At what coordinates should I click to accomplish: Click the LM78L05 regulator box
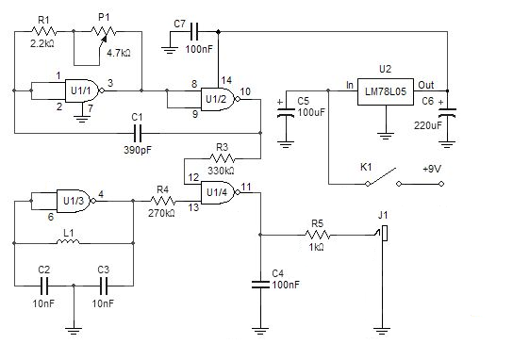click(x=386, y=91)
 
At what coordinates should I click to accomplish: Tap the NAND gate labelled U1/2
click(x=220, y=99)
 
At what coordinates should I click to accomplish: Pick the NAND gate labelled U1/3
click(x=76, y=201)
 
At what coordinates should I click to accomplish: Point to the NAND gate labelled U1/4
click(x=220, y=192)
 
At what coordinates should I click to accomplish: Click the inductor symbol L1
click(x=68, y=242)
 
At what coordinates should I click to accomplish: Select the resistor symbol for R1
click(x=44, y=31)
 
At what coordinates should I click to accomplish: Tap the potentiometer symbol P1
click(x=103, y=34)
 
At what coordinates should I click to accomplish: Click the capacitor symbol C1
click(x=137, y=133)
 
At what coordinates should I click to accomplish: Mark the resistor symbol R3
click(x=223, y=159)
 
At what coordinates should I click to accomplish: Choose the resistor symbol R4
click(x=162, y=201)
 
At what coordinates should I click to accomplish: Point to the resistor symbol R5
click(x=318, y=235)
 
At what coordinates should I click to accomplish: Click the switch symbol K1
click(x=383, y=178)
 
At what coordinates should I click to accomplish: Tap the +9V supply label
click(x=432, y=169)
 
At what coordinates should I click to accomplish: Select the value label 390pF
click(x=138, y=150)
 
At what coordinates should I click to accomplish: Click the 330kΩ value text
click(x=221, y=171)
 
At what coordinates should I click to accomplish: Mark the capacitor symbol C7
click(x=194, y=32)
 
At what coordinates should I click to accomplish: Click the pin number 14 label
click(x=226, y=80)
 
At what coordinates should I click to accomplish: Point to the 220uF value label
click(x=428, y=125)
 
